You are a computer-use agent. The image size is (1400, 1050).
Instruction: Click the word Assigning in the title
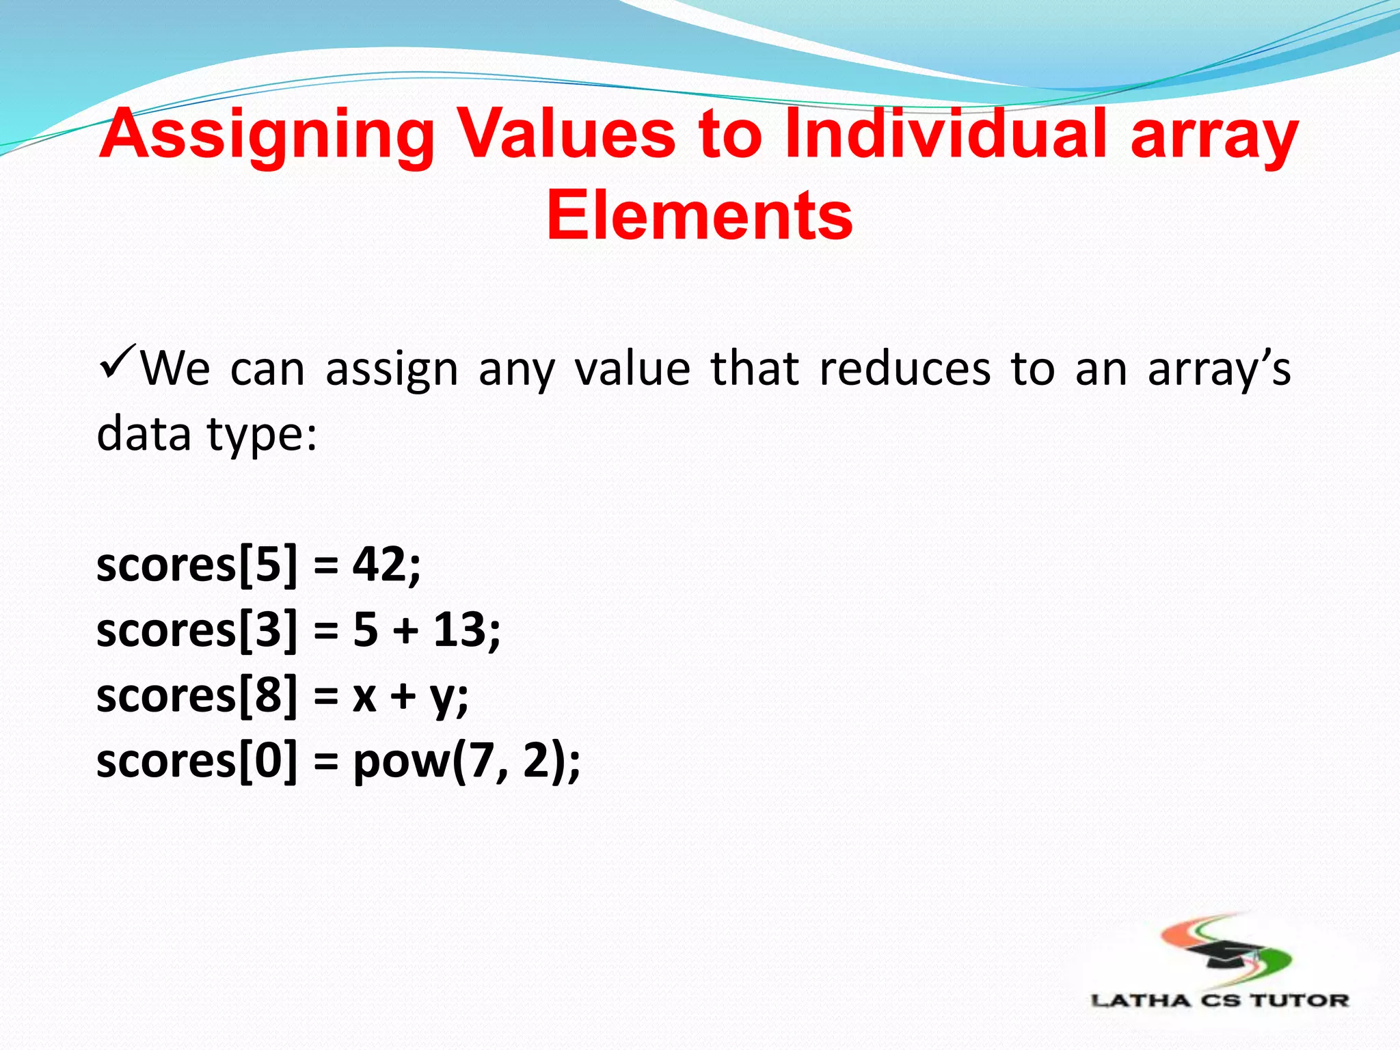pyautogui.click(x=267, y=135)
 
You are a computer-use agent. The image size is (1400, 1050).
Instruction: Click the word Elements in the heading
pyautogui.click(x=699, y=216)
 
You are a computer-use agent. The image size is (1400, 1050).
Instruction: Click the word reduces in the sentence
pyautogui.click(x=904, y=370)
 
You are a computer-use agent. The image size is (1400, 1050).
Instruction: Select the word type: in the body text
pyautogui.click(x=262, y=435)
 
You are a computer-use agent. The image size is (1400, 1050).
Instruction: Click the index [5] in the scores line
pyautogui.click(x=268, y=565)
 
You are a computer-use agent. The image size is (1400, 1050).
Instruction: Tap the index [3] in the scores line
pyautogui.click(x=268, y=630)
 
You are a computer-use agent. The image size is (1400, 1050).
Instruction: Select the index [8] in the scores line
pyautogui.click(x=268, y=695)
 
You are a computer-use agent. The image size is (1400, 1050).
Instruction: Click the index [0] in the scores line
pyautogui.click(x=268, y=760)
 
